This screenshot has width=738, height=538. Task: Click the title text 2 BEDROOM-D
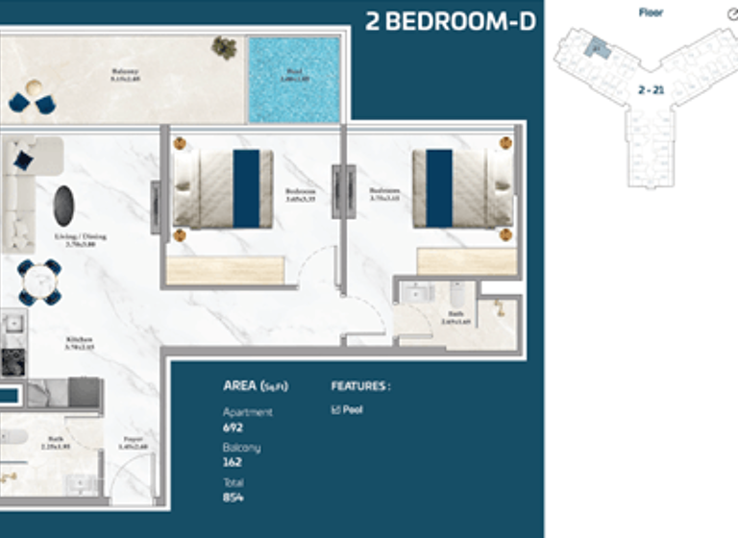coord(450,21)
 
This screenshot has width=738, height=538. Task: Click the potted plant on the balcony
coord(225,48)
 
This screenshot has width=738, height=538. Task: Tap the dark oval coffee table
coord(64,206)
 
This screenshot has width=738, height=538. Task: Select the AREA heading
coord(255,386)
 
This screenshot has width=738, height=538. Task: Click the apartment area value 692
coord(234,427)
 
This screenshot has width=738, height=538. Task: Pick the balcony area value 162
coord(233,462)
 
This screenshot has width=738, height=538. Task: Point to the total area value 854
coord(234,498)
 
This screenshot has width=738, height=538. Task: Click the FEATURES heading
coord(360,386)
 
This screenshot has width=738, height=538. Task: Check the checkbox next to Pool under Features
coord(334,410)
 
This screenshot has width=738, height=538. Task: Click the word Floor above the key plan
coord(651,12)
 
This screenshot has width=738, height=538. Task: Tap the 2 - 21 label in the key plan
coord(651,90)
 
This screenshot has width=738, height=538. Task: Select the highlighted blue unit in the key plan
coord(598,48)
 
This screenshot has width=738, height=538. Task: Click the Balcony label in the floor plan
coord(125,71)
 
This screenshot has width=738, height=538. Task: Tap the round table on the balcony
coord(34,89)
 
